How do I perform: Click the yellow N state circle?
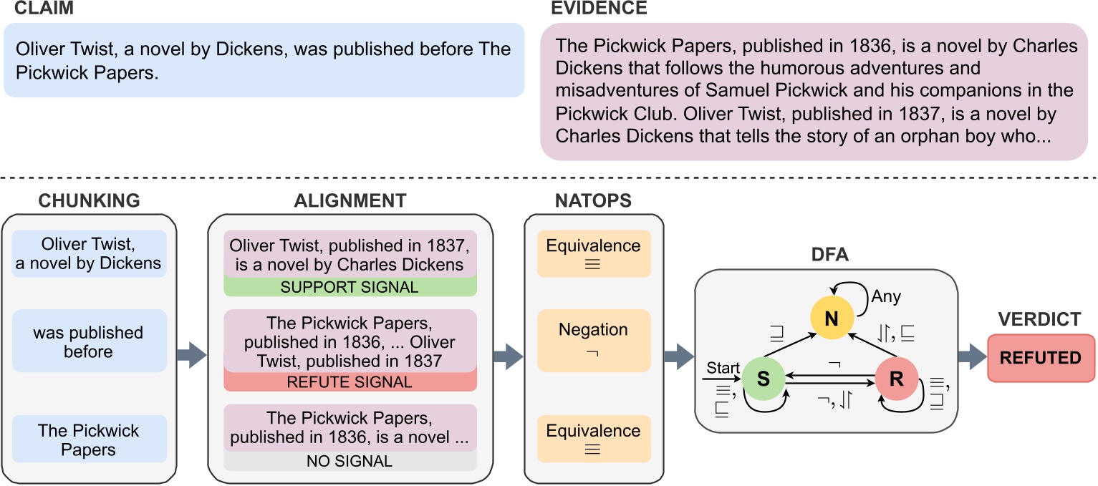(x=831, y=318)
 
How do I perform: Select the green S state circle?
(x=764, y=379)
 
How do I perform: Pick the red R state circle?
(x=896, y=379)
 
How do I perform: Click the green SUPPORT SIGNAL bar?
(x=350, y=286)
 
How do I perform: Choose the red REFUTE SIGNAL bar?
(x=350, y=381)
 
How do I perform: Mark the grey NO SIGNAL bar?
(x=350, y=461)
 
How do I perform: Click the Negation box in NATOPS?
(x=594, y=340)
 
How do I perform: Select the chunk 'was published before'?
(x=90, y=342)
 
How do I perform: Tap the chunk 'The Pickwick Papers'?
(x=90, y=439)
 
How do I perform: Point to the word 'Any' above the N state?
(x=886, y=296)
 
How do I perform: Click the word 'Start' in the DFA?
(x=722, y=368)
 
